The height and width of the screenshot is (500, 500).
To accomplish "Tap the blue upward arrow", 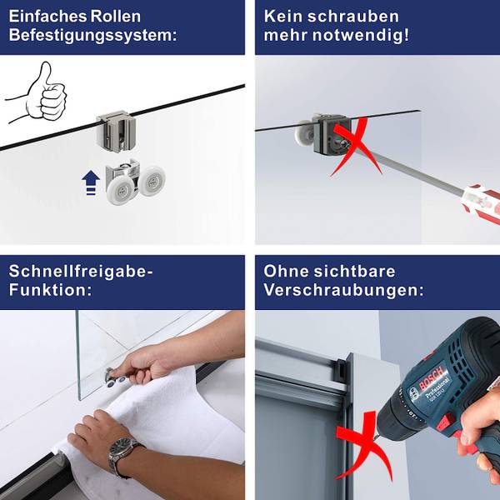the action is tap(91, 182).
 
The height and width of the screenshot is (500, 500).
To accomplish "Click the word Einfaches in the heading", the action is tap(47, 17).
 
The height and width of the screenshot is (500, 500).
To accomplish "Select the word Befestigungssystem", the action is tap(92, 35).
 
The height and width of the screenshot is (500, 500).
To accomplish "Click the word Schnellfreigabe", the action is tap(80, 272).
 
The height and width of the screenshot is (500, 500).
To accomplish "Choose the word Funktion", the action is tap(50, 290).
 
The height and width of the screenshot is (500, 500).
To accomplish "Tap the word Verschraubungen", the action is tap(343, 290).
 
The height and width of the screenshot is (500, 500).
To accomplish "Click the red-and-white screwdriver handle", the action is tap(482, 202).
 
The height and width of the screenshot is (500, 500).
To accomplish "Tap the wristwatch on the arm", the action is tap(122, 451).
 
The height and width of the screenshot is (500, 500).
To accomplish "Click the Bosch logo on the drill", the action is tap(431, 379).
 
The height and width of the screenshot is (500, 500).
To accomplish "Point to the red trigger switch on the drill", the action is tap(444, 422).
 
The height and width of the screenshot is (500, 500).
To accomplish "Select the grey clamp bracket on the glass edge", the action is tap(116, 131).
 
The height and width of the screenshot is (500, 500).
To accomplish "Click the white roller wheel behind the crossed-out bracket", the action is tap(303, 133).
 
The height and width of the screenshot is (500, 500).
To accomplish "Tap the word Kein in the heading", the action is tap(282, 17).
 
